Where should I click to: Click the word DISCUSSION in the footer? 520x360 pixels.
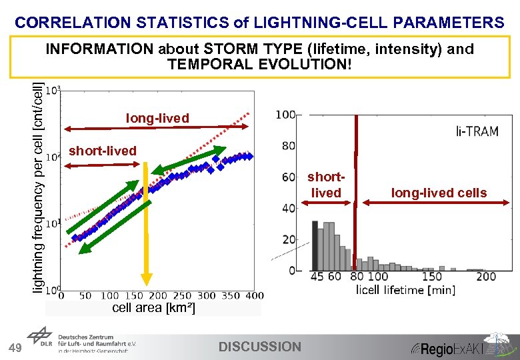[x=260, y=347]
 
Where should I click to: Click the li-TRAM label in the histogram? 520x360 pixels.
[x=477, y=131]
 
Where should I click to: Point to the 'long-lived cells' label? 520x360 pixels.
[x=439, y=193]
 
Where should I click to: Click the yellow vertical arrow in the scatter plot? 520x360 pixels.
[x=145, y=227]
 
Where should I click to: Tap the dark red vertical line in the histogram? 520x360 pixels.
[x=356, y=193]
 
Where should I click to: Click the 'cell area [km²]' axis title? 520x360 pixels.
[x=153, y=307]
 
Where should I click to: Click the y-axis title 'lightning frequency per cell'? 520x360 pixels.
[x=41, y=187]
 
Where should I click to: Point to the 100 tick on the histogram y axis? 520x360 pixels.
[x=285, y=115]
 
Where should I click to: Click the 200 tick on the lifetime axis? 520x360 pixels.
[x=486, y=277]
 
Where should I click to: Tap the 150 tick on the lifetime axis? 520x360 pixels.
[x=432, y=277]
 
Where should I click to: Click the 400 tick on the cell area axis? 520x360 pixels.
[x=254, y=295]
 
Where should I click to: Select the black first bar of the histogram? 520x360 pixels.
[x=315, y=245]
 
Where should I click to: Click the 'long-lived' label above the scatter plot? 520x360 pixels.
[x=157, y=118]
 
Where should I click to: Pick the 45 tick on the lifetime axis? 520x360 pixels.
[x=317, y=277]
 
